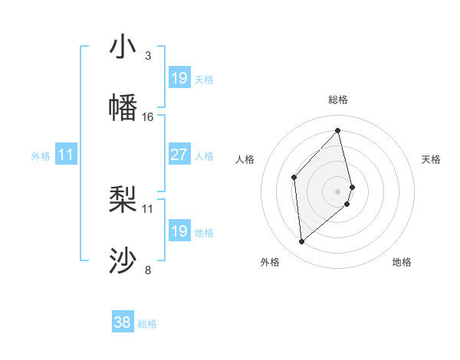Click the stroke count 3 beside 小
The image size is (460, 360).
pyautogui.click(x=148, y=56)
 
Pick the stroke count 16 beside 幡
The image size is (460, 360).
pyautogui.click(x=148, y=116)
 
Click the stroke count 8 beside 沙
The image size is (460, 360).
pyautogui.click(x=148, y=270)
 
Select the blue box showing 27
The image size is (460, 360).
pyautogui.click(x=179, y=155)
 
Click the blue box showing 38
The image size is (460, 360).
pyautogui.click(x=123, y=322)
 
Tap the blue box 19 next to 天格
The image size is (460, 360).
pyautogui.click(x=179, y=77)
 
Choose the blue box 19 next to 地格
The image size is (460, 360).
pyautogui.click(x=179, y=231)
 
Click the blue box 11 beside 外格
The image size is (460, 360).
pyautogui.click(x=66, y=155)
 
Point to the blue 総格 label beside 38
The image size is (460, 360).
pyautogui.click(x=147, y=324)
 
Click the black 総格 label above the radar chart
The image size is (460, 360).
pyautogui.click(x=338, y=100)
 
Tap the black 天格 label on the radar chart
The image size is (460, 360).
pyautogui.click(x=432, y=159)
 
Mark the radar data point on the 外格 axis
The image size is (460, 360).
pyautogui.click(x=302, y=242)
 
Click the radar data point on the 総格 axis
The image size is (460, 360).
pyautogui.click(x=338, y=131)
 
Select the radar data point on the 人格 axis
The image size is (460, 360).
pyautogui.click(x=294, y=178)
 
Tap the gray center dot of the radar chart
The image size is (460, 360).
pyautogui.click(x=338, y=190)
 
